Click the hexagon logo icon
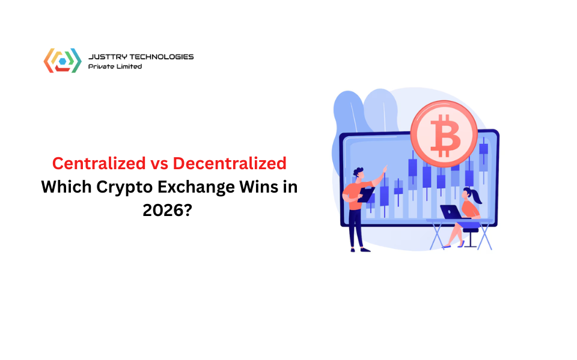tap(63, 61)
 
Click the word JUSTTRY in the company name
tap(108, 56)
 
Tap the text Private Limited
tap(115, 67)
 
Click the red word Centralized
tap(99, 163)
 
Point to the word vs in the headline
tap(159, 164)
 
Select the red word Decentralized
tap(230, 163)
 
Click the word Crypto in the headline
tap(124, 188)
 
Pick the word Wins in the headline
tap(259, 187)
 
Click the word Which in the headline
tap(66, 187)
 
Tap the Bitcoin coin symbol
tap(444, 134)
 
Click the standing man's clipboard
tap(366, 194)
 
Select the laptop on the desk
tap(452, 212)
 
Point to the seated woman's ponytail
tap(476, 197)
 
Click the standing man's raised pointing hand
tap(385, 169)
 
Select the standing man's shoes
tap(360, 250)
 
